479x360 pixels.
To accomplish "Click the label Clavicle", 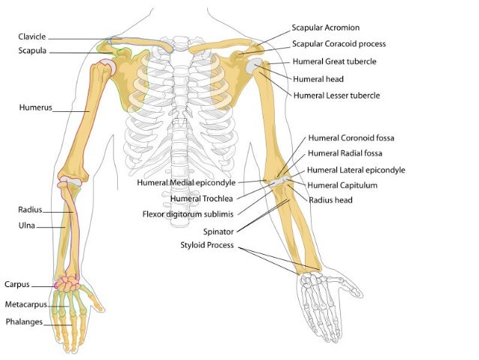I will (33, 36).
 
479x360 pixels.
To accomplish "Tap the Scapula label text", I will (33, 51).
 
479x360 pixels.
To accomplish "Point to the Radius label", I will (30, 210).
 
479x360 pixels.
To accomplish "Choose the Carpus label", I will (17, 285).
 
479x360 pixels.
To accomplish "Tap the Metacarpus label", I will (26, 304).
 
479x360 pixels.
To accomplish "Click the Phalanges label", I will (25, 322).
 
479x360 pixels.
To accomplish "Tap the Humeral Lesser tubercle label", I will (336, 95).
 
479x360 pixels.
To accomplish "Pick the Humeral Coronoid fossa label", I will (351, 138).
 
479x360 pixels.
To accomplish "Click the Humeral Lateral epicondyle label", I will (356, 171).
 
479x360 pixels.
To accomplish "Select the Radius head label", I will (330, 200).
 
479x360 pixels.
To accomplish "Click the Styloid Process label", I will (206, 245).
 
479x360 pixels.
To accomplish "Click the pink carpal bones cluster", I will (68, 285).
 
